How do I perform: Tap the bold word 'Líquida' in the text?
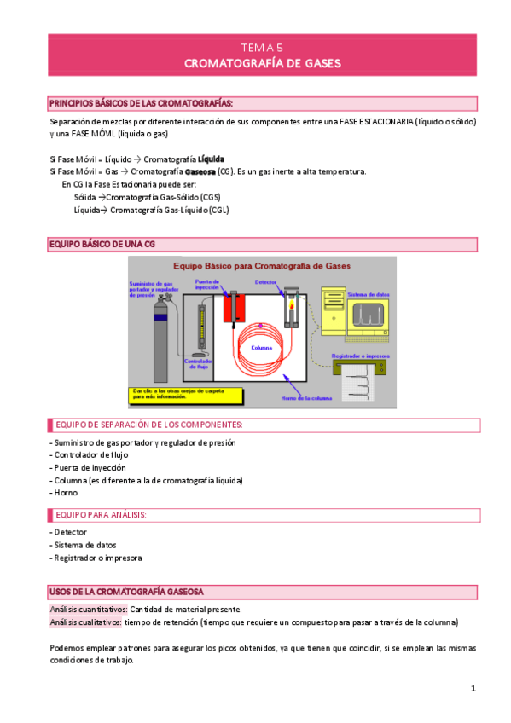[211, 159]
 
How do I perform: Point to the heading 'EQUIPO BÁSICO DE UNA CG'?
[102, 245]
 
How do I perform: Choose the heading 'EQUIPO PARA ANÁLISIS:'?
[101, 515]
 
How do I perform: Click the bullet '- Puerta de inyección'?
[88, 467]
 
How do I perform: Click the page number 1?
[473, 688]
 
